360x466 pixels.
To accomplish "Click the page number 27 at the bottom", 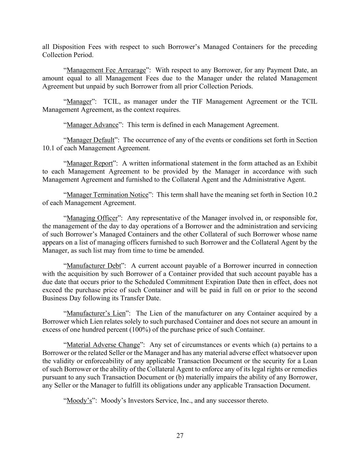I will point(180,436).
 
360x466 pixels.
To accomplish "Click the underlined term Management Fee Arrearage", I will point(106,70).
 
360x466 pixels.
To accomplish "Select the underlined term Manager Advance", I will point(92,125).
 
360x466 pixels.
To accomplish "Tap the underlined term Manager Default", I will point(90,140).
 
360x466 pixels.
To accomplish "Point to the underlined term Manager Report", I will point(89,163).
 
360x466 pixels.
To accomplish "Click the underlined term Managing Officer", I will point(92,218).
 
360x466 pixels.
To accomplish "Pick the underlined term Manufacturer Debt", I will point(94,266).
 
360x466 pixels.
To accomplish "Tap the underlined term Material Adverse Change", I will point(103,345).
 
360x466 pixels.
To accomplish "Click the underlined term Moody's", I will point(79,401).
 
